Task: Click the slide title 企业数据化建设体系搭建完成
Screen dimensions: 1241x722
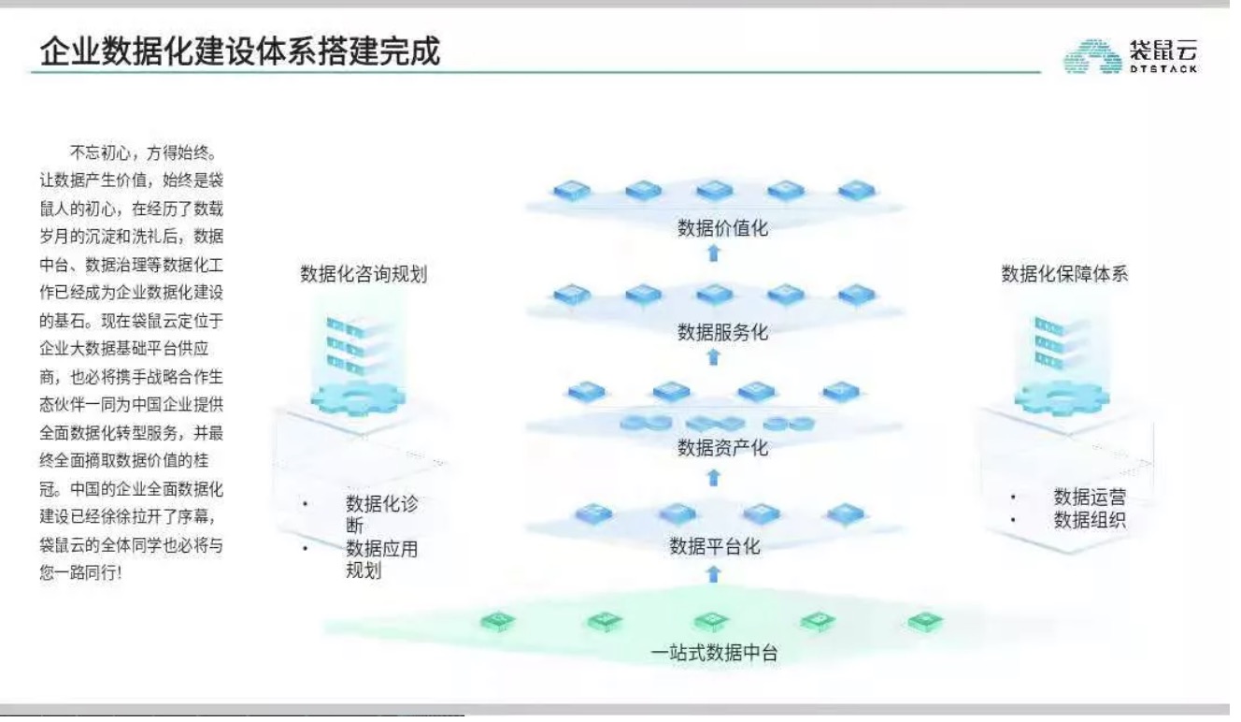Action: pyautogui.click(x=240, y=51)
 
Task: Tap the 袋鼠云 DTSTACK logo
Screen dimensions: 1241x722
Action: pyautogui.click(x=1130, y=56)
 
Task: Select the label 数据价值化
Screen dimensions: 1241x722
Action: pyautogui.click(x=722, y=228)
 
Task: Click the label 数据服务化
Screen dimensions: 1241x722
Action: pyautogui.click(x=722, y=332)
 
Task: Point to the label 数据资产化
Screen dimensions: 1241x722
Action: pyautogui.click(x=722, y=447)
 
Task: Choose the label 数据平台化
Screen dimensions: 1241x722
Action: pyautogui.click(x=715, y=546)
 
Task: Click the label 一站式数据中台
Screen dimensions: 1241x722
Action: pyautogui.click(x=714, y=653)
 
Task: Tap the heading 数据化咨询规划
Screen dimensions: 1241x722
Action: pyautogui.click(x=364, y=274)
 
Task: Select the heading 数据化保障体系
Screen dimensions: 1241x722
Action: pyautogui.click(x=1064, y=273)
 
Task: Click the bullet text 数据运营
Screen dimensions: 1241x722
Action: pyautogui.click(x=1090, y=497)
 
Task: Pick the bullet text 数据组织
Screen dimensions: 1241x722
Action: pyautogui.click(x=1090, y=520)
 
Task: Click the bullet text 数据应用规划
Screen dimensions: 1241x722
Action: pyautogui.click(x=381, y=559)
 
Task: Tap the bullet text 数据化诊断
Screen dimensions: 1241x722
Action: pyautogui.click(x=381, y=514)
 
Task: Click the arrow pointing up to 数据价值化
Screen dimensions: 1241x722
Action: pyautogui.click(x=714, y=253)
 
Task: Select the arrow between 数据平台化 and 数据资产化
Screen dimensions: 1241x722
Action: pyautogui.click(x=714, y=478)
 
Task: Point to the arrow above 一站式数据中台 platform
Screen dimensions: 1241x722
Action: pyautogui.click(x=714, y=574)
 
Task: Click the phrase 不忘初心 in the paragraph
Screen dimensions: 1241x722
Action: pyautogui.click(x=100, y=152)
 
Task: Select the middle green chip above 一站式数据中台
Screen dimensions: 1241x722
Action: pyautogui.click(x=711, y=621)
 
